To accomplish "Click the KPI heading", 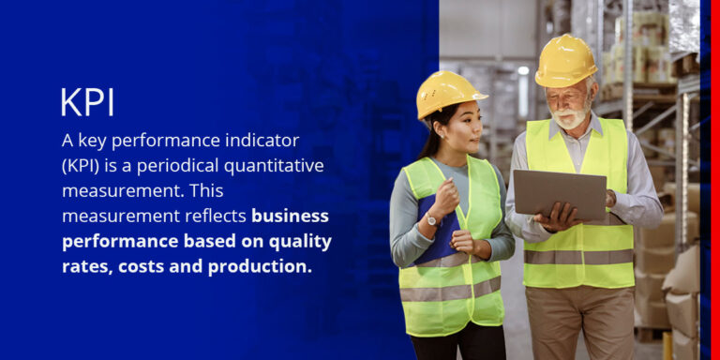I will point(87,102).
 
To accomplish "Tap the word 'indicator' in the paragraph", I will point(252,142).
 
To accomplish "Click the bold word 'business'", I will point(290,216).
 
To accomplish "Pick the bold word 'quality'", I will point(296,241).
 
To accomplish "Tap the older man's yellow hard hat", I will point(565,60).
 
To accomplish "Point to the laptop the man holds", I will point(560,193).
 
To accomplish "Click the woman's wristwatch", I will point(430,220).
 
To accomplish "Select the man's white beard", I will point(570,118).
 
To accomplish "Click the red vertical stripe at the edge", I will point(714,180).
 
